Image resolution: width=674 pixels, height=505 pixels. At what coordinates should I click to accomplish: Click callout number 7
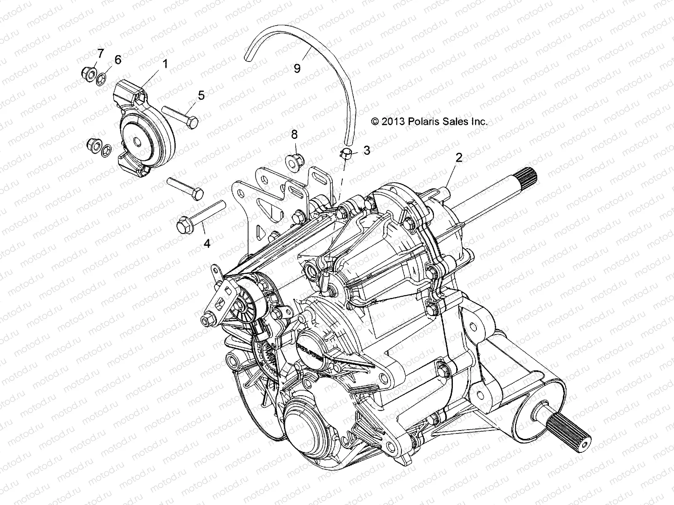100,53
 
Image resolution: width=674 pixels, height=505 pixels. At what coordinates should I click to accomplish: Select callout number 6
118,60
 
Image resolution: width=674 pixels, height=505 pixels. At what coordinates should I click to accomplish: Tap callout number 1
165,64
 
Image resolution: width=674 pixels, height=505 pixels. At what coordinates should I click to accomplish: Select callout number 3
366,150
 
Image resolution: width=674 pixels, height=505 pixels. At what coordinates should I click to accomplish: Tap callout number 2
459,157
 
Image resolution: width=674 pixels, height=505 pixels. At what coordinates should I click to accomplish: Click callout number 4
207,243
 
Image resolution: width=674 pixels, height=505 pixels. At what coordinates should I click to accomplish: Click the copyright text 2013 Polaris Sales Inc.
429,122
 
